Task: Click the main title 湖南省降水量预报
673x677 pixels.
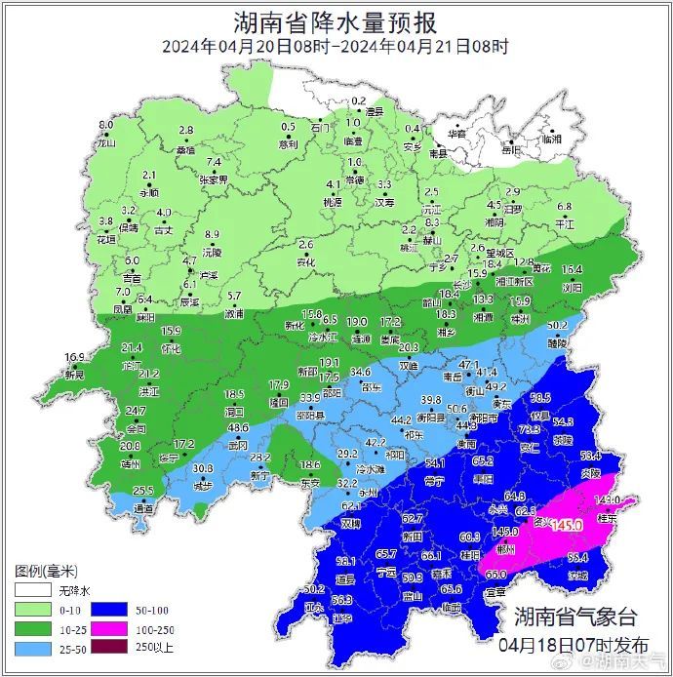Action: click(x=336, y=21)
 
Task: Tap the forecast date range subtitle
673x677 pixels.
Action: click(x=336, y=46)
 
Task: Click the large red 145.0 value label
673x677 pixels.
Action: click(x=565, y=525)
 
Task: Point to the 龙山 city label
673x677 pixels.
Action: click(x=105, y=142)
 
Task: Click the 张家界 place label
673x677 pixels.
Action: click(x=213, y=179)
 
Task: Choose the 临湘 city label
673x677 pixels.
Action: click(x=552, y=139)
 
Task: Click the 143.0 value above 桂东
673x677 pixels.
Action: click(x=608, y=500)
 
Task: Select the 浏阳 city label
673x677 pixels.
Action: click(x=572, y=288)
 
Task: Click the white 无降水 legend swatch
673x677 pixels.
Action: click(x=31, y=590)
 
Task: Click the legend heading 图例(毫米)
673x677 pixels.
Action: click(x=46, y=570)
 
